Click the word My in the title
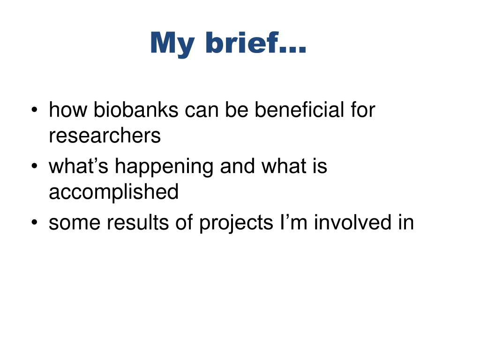[172, 45]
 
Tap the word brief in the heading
[242, 42]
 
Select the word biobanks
[136, 110]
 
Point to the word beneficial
[300, 110]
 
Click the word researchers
[105, 135]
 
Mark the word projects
[236, 224]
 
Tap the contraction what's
[79, 166]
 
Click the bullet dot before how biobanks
[34, 110]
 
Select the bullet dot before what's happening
[34, 166]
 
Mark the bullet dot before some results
[34, 222]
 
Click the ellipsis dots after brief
[293, 50]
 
